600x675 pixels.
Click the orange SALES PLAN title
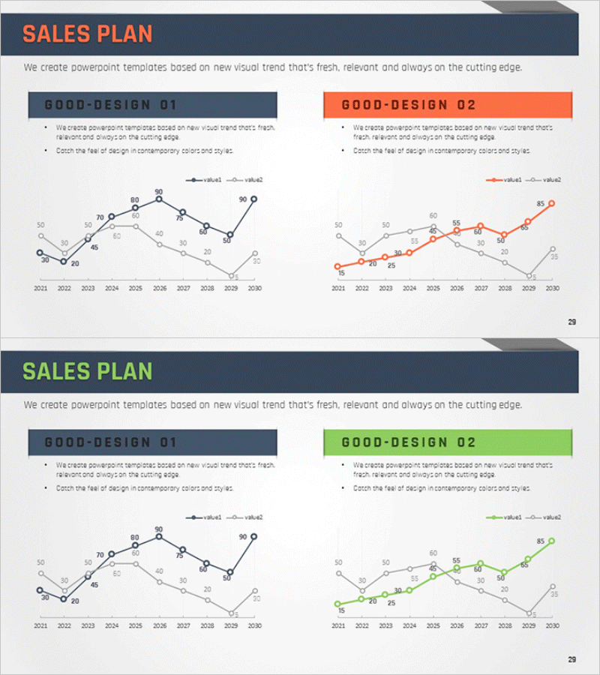tap(87, 34)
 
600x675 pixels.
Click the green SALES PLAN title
tap(87, 371)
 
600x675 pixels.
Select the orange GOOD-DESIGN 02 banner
tap(448, 105)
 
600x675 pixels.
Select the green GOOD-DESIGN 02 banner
tap(448, 442)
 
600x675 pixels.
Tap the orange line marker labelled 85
tap(551, 203)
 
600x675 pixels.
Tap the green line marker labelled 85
tap(551, 541)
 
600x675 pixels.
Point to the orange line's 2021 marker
tap(338, 266)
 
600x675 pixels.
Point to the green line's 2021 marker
tap(338, 604)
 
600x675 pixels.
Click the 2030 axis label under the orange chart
tap(552, 288)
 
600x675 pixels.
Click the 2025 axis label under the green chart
tap(433, 625)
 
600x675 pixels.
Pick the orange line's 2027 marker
tap(480, 226)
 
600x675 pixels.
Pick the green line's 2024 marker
tap(409, 590)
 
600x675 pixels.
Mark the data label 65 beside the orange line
tap(524, 227)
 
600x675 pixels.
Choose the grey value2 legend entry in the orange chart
tap(545, 180)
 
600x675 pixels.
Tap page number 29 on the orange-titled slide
tap(572, 322)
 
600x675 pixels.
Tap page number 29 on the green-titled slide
tap(572, 659)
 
